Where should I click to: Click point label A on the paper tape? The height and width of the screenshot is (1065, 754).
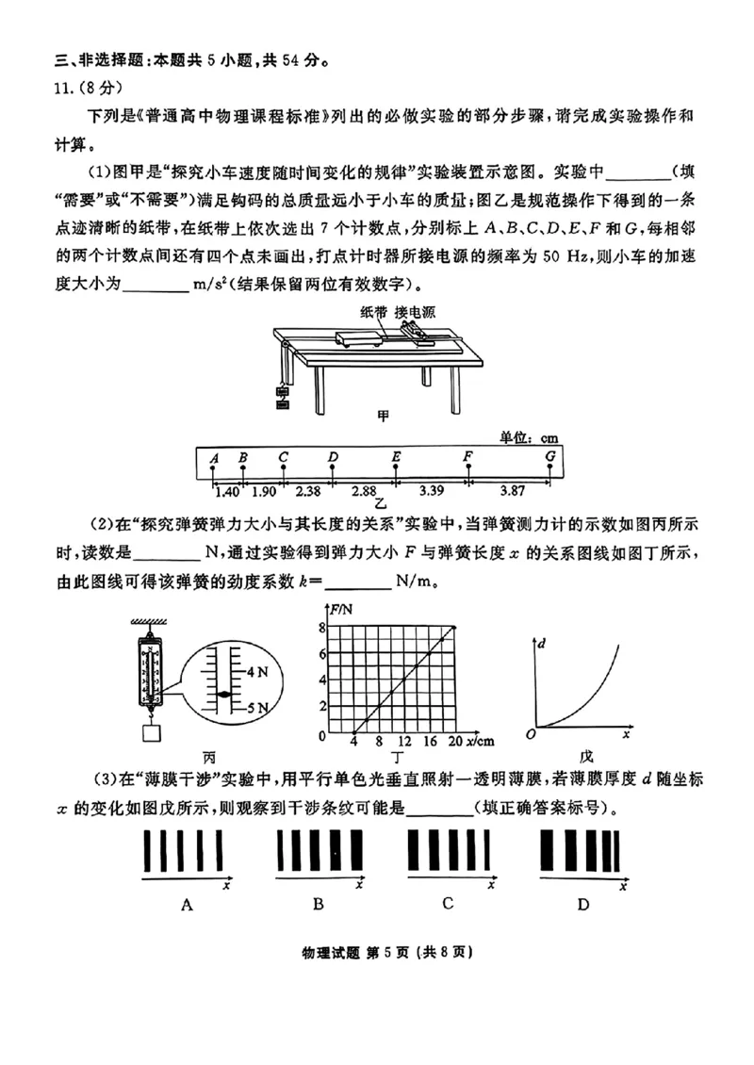point(215,458)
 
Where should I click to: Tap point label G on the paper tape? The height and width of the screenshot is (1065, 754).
point(550,457)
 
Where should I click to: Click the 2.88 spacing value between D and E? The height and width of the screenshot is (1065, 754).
point(364,491)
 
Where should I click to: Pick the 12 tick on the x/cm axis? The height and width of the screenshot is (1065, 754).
point(404,742)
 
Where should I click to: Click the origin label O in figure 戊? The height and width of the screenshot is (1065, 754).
point(532,734)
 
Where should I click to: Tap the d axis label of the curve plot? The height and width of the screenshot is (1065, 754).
point(542,644)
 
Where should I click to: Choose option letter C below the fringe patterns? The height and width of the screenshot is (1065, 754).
point(448,903)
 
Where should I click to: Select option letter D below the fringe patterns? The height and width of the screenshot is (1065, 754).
point(583,905)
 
